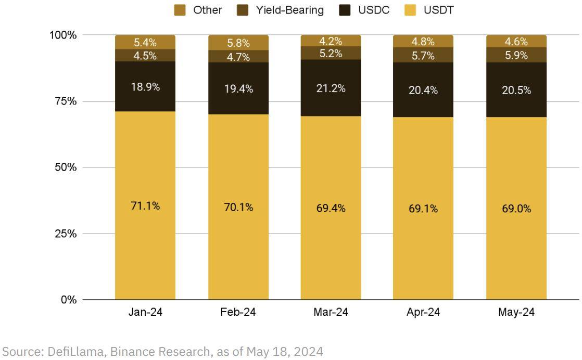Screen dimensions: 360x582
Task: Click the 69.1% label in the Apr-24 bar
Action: pos(423,209)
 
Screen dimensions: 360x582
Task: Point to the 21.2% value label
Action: pos(331,88)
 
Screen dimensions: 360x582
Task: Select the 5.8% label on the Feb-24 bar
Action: pos(238,43)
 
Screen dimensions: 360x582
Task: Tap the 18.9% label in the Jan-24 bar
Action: pos(145,87)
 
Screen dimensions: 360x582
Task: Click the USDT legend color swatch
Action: pos(411,10)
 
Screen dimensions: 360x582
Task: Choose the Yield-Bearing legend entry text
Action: pos(289,10)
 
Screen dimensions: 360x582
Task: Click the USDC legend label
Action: pos(374,10)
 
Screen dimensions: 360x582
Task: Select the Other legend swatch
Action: pos(180,10)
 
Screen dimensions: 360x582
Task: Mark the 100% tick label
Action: pos(63,35)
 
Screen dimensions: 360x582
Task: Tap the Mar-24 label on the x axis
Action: pos(331,312)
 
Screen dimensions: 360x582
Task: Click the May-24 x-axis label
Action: pos(516,312)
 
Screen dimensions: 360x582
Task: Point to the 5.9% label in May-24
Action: pos(516,55)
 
